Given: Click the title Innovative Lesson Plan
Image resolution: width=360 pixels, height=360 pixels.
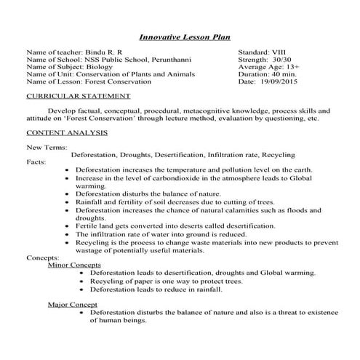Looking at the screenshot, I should tap(180, 38).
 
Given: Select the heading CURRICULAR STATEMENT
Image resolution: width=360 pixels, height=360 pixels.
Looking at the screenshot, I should tap(71, 96).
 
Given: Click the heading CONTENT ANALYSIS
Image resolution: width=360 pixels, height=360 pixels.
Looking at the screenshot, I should tap(67, 133).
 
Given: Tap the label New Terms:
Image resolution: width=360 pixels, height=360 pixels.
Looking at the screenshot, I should tap(44, 148).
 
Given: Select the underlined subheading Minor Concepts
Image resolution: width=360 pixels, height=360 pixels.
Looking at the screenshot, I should tap(74, 265).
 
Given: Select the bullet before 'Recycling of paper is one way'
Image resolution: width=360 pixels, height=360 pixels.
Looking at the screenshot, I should tap(81, 280).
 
